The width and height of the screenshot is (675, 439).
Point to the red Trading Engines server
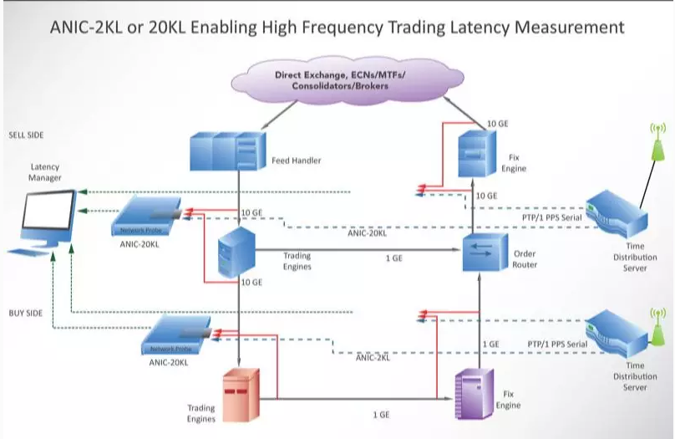pyautogui.click(x=241, y=395)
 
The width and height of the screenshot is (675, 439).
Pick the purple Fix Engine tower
pyautogui.click(x=473, y=395)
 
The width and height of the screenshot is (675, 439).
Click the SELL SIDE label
pyautogui.click(x=26, y=135)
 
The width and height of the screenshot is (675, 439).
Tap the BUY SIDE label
pyautogui.click(x=25, y=312)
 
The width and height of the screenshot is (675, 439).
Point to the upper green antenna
pyautogui.click(x=657, y=144)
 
